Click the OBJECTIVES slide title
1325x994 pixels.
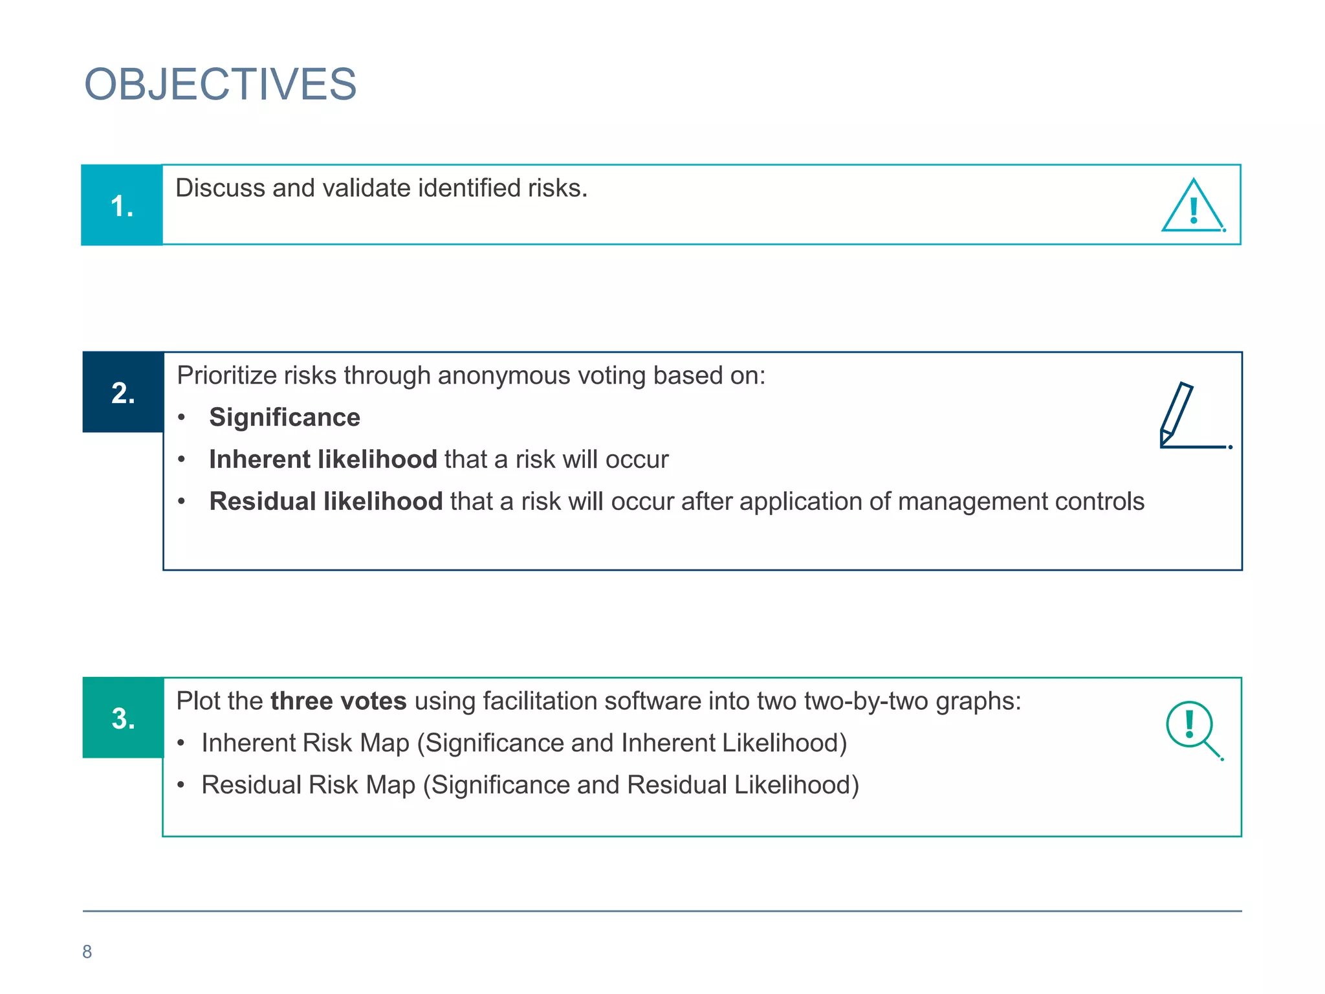click(x=220, y=84)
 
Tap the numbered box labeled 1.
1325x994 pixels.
click(x=122, y=205)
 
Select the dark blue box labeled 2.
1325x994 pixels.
click(x=123, y=392)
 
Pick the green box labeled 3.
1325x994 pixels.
click(x=123, y=718)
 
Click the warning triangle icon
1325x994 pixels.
click(x=1193, y=206)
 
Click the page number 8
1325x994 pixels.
click(x=87, y=952)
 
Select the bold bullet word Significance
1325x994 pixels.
click(x=285, y=417)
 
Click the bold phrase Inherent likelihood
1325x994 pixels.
click(x=323, y=459)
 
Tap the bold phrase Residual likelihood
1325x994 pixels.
click(x=325, y=502)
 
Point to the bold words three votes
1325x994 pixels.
click(x=338, y=701)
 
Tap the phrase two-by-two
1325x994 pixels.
click(x=866, y=701)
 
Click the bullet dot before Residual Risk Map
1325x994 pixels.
click(x=182, y=785)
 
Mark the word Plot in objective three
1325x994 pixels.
click(x=197, y=701)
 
